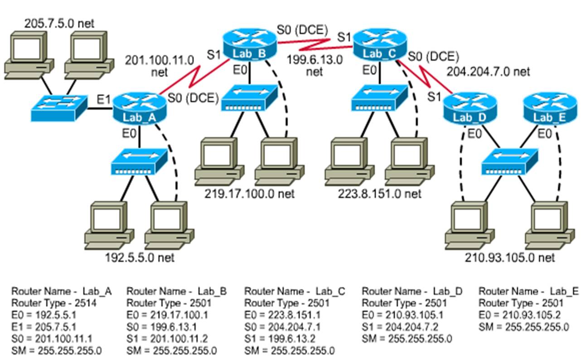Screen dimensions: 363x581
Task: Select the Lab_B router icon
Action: pos(250,44)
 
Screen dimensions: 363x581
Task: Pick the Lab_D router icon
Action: pos(469,108)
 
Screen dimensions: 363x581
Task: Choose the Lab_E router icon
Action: pos(549,108)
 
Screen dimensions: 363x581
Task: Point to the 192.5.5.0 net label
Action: pos(140,258)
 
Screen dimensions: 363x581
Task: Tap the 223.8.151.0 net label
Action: pos(379,194)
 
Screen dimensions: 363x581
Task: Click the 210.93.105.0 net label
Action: pos(509,258)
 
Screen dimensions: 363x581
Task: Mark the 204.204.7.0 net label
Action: pos(488,72)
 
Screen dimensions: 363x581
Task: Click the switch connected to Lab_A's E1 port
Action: pos(59,108)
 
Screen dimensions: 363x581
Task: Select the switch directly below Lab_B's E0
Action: pos(249,99)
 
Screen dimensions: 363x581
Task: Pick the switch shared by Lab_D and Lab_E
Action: pos(509,161)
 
